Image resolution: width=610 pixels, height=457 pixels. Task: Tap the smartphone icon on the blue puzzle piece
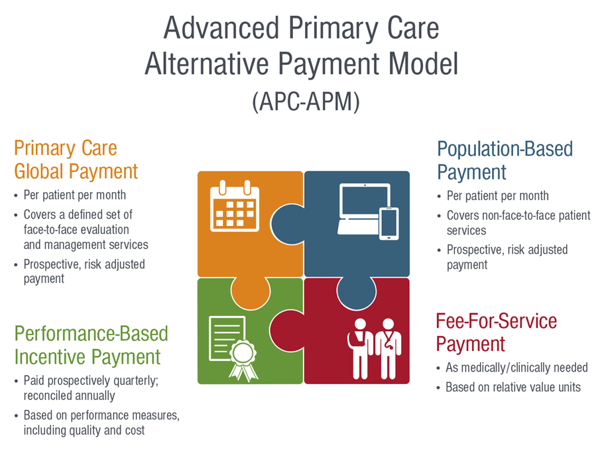tap(389, 223)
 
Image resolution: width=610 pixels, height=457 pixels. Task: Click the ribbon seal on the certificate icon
tap(243, 360)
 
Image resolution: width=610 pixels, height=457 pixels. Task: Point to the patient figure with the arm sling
tap(361, 348)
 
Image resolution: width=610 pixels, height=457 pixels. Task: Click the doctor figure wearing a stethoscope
tap(388, 348)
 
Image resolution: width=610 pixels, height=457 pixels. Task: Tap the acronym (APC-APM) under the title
tap(306, 102)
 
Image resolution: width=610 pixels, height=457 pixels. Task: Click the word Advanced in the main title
tap(221, 28)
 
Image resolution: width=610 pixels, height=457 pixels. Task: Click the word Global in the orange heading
tap(38, 172)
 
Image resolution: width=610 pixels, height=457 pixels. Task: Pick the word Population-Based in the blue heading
tap(505, 149)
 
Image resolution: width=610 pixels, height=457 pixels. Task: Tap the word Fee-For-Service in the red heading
tap(497, 321)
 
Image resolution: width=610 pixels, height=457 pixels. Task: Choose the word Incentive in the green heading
tap(50, 357)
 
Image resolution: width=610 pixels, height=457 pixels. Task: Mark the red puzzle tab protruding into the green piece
tap(286, 331)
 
